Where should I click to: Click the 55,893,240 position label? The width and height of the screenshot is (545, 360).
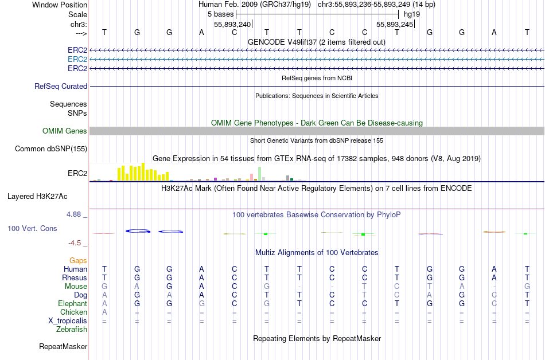(232, 24)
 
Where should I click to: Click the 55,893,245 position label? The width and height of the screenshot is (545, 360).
(395, 24)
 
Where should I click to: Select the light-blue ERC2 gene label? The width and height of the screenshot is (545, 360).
(77, 59)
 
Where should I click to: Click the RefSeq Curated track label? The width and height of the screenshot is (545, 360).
(61, 86)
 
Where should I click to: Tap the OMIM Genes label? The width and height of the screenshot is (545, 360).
(65, 131)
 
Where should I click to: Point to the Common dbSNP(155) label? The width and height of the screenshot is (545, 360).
(51, 149)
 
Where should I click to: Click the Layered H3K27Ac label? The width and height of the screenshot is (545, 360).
(37, 196)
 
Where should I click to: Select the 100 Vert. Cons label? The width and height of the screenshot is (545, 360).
(32, 228)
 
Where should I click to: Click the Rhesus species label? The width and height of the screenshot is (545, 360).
(75, 277)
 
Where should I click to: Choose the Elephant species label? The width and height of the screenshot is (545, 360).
(72, 303)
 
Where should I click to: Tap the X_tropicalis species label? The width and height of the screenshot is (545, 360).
(68, 320)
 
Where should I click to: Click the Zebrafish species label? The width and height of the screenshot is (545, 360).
(72, 329)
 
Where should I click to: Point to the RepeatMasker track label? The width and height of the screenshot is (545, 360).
(63, 346)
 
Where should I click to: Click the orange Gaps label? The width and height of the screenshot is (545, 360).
(78, 260)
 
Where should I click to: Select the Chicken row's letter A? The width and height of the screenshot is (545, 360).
(104, 312)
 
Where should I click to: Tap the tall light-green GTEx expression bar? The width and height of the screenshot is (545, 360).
(260, 174)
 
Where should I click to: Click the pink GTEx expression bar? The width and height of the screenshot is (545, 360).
(251, 177)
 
